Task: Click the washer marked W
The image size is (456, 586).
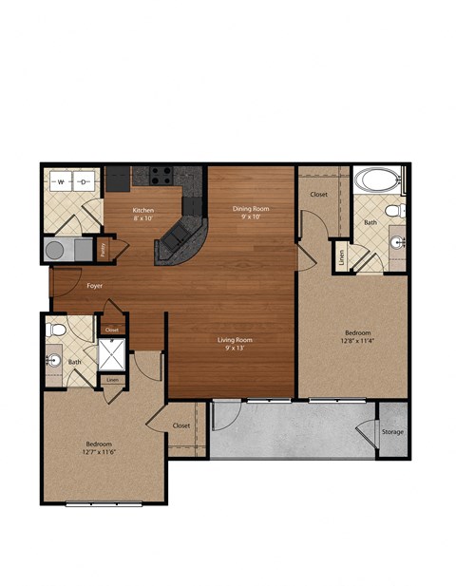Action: (x=62, y=180)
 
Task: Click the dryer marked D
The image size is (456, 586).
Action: (x=84, y=180)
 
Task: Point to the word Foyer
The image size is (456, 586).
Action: (x=95, y=285)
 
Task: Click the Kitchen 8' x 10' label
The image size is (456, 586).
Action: (x=143, y=214)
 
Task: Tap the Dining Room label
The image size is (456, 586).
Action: (x=252, y=211)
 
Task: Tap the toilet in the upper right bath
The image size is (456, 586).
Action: (x=398, y=210)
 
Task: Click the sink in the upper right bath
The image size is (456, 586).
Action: (x=397, y=242)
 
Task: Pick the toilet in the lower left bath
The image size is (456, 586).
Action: (x=56, y=330)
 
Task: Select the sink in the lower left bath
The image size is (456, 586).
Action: (x=53, y=361)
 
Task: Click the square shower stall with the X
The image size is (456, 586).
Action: (x=113, y=354)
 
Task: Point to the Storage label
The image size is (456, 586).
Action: (x=392, y=432)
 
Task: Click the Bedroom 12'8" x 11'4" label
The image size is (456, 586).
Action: (x=357, y=336)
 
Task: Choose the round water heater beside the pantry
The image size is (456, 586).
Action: (x=57, y=250)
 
